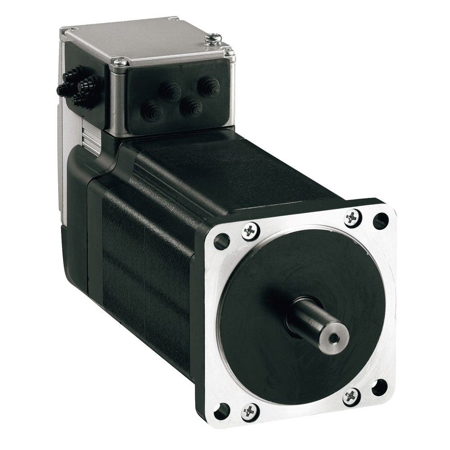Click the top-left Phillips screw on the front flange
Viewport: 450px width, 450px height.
[250, 231]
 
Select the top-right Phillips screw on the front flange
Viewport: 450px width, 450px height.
[352, 218]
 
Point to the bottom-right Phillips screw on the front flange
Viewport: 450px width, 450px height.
[351, 396]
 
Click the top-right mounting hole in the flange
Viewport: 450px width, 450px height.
[381, 220]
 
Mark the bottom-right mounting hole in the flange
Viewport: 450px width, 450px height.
[379, 386]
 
